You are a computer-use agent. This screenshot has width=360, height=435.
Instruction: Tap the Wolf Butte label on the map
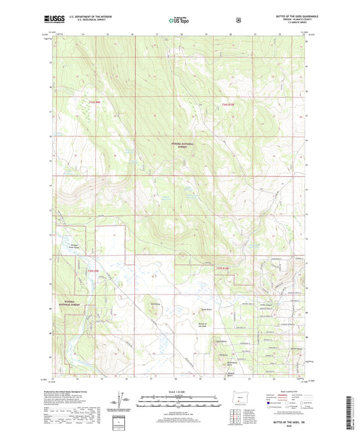pyautogui.click(x=155, y=303)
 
